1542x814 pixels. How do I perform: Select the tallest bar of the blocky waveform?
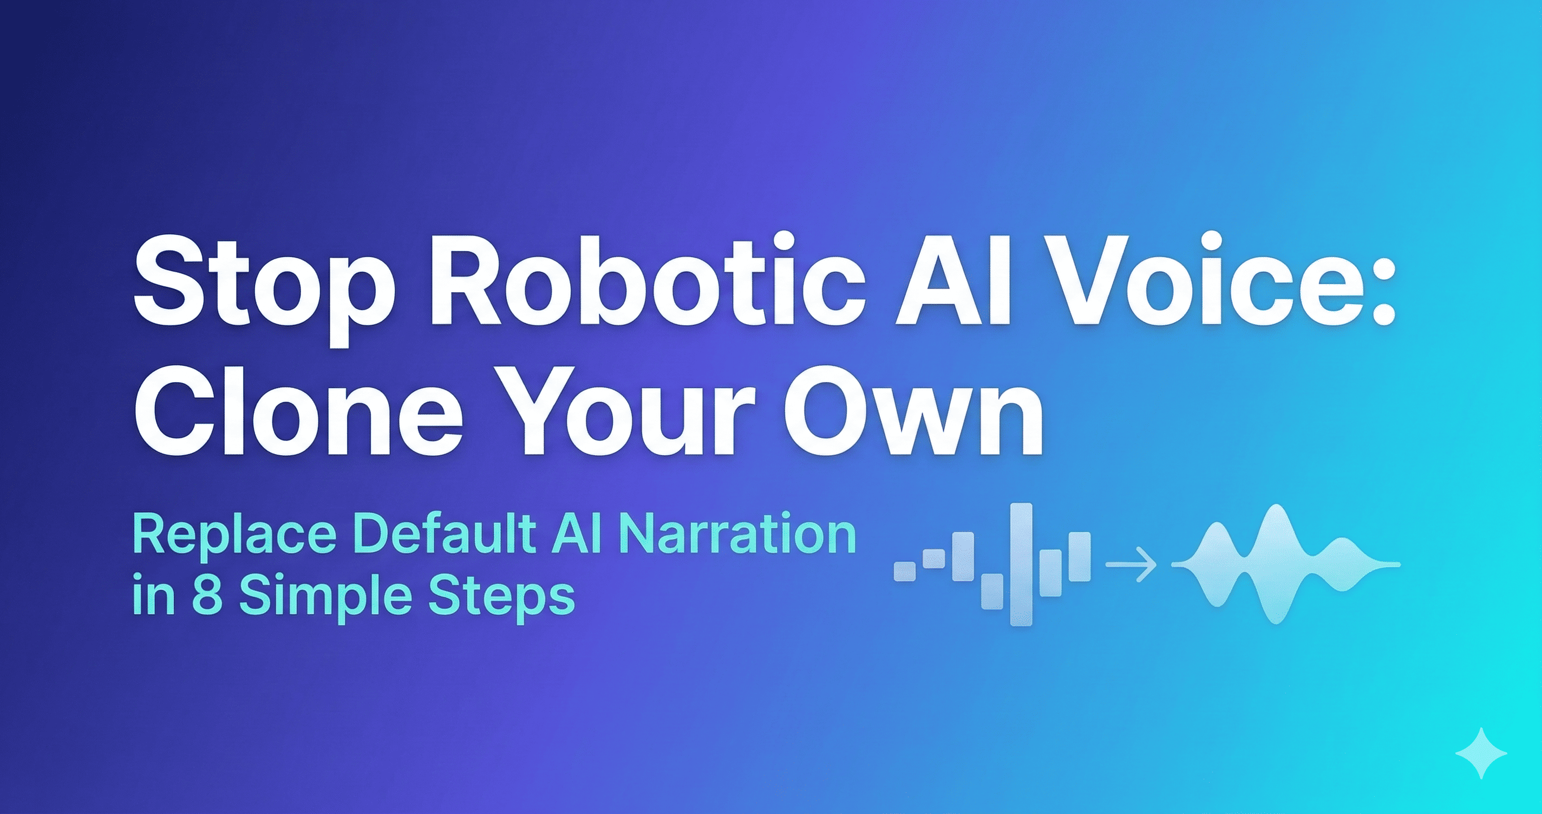1021,564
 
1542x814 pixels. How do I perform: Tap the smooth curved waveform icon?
1283,564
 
